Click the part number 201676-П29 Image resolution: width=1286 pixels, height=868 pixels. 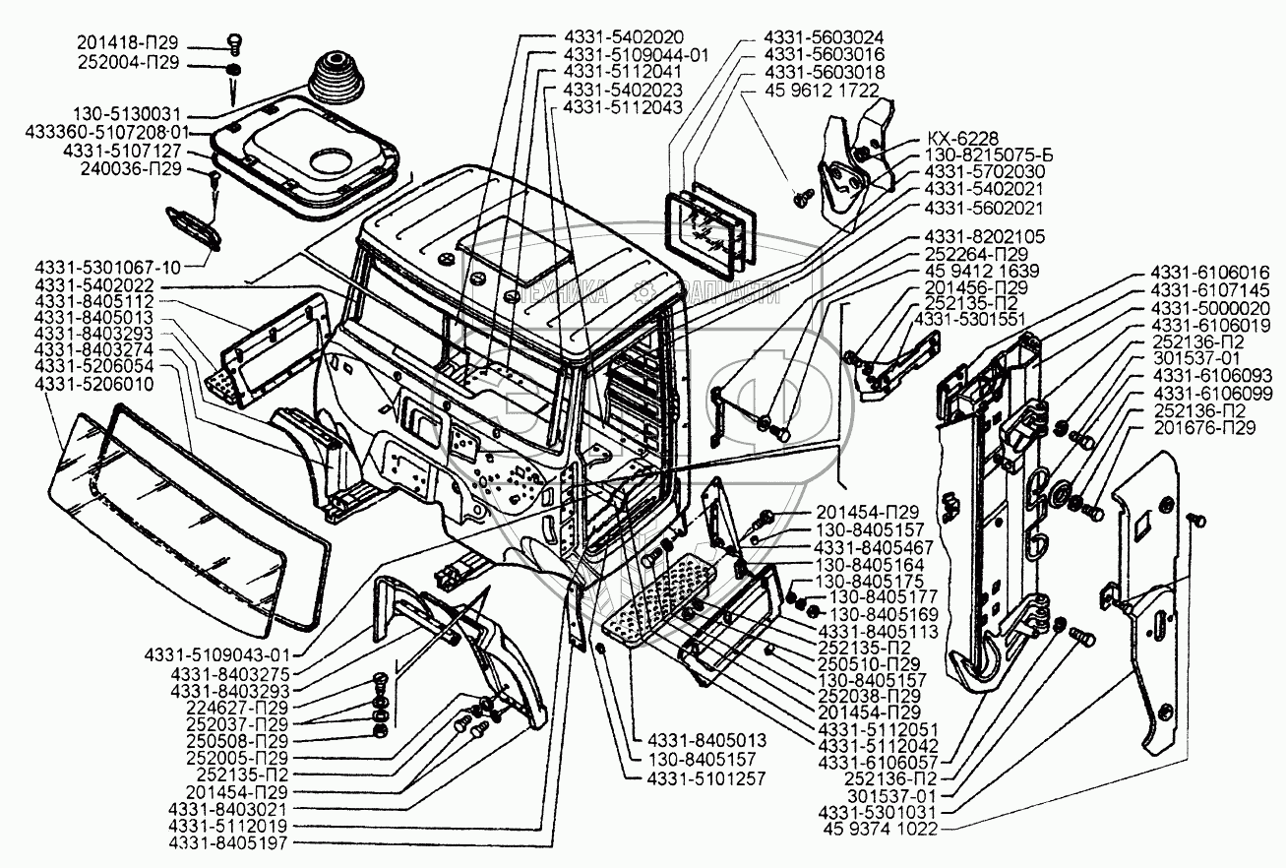pos(1206,429)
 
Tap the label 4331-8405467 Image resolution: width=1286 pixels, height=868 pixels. pos(875,547)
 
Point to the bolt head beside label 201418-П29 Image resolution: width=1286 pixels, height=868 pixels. pos(233,41)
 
